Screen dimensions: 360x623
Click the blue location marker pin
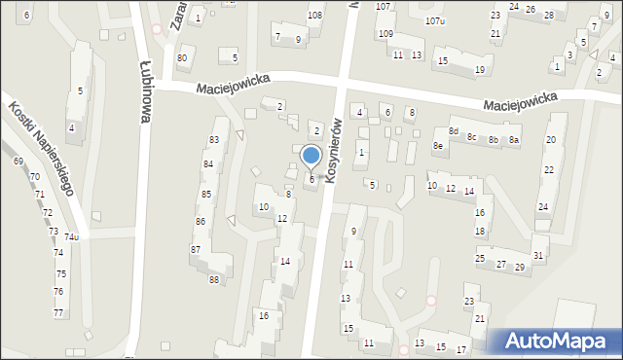[x=311, y=156]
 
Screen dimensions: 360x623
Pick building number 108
[x=314, y=16]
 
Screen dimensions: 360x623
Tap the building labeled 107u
[x=435, y=20]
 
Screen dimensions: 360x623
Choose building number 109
[x=385, y=34]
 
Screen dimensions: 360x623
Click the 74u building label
[x=71, y=236]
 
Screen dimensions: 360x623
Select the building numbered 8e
[x=438, y=146]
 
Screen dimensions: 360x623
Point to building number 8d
[x=453, y=131]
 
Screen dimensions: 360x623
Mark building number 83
[x=213, y=140]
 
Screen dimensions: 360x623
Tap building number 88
[x=214, y=280]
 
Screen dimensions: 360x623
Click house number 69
[x=18, y=161]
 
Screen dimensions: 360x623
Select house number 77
[x=58, y=312]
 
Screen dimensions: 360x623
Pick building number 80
[x=181, y=58]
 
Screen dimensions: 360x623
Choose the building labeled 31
[x=537, y=255]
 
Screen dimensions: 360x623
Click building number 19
[x=480, y=70]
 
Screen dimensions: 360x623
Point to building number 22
[x=549, y=170]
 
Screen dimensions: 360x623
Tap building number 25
[x=480, y=258]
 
